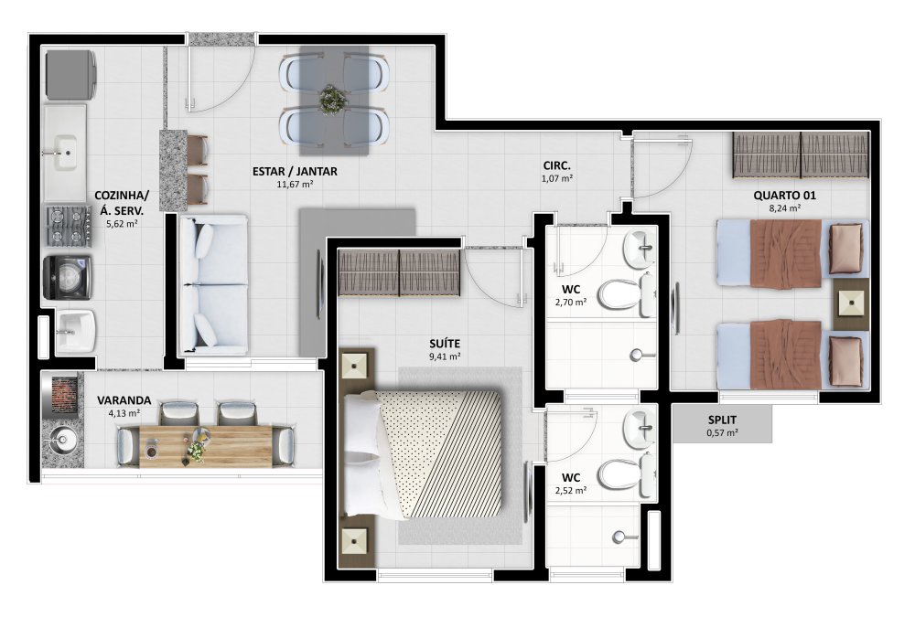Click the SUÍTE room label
click(445, 344)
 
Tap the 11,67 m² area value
click(295, 185)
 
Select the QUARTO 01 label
click(784, 196)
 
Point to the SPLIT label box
click(723, 424)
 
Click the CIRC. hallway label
click(556, 166)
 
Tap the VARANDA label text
click(124, 400)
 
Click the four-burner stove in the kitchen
click(69, 226)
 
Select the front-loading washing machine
click(67, 278)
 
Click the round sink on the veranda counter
click(60, 442)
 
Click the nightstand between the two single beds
click(851, 304)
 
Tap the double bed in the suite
click(423, 453)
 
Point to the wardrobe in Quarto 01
click(801, 155)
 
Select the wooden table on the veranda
click(205, 446)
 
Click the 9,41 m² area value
click(445, 356)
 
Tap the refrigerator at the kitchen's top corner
click(70, 75)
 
